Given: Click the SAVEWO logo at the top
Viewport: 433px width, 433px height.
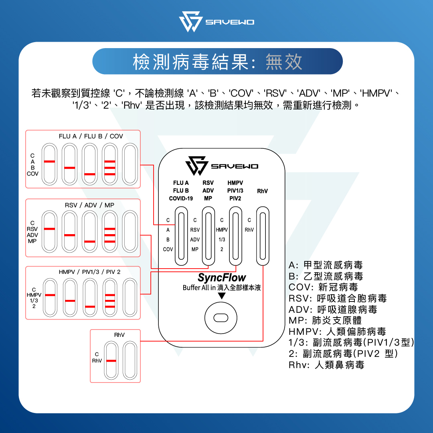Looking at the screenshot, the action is [x=216, y=22].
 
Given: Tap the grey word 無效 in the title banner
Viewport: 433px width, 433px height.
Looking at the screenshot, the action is [x=284, y=62].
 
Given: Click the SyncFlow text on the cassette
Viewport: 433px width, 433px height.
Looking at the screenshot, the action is [x=222, y=277].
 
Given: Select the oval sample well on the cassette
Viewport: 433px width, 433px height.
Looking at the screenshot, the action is [x=221, y=318].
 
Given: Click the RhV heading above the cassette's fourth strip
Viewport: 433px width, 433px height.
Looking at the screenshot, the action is [x=262, y=191].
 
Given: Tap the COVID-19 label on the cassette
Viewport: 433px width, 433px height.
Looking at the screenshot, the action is [x=181, y=198].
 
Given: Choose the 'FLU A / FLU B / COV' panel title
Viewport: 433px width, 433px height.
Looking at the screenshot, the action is [x=91, y=136].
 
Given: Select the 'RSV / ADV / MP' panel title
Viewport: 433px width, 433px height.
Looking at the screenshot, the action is [x=89, y=205].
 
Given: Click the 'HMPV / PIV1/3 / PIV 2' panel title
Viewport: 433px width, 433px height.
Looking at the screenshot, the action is [x=90, y=272].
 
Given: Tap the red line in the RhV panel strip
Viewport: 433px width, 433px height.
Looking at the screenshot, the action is [x=111, y=361].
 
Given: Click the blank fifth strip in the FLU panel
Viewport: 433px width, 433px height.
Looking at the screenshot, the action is [x=130, y=164].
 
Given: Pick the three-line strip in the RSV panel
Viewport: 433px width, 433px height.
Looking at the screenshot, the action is [x=109, y=231].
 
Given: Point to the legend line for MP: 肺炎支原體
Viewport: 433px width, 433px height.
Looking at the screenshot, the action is [x=325, y=320].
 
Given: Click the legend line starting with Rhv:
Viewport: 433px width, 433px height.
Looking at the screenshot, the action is [x=326, y=365].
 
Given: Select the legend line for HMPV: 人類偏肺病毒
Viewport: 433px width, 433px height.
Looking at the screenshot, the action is [x=337, y=332].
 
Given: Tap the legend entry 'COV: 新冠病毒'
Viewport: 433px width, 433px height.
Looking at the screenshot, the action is [x=323, y=287].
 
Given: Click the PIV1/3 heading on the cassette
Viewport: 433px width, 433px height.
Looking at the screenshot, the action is [x=235, y=190].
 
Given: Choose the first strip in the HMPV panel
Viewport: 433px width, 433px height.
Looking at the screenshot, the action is [x=50, y=297].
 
